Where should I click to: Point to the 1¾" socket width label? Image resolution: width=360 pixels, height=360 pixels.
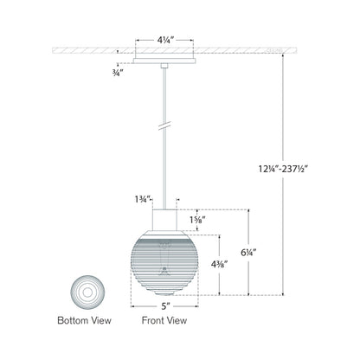134,200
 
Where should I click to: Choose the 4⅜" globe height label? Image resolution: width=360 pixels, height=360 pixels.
207,260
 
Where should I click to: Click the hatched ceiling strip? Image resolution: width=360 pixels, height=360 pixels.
87,51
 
